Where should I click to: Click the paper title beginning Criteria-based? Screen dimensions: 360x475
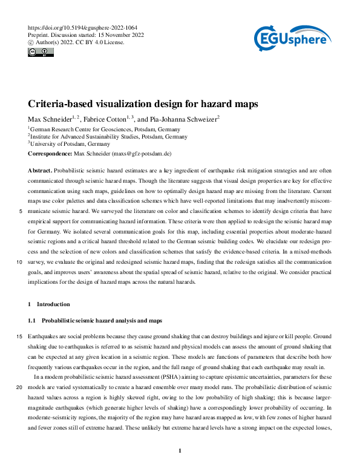[x=143, y=103]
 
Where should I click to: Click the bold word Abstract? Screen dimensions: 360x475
[x=39, y=171]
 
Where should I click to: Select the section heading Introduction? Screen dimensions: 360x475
[x=53, y=304]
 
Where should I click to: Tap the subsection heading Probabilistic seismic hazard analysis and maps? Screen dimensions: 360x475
[x=101, y=319]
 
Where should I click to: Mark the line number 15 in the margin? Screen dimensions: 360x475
[x=19, y=336]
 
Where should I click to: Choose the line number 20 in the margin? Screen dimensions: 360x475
[x=19, y=387]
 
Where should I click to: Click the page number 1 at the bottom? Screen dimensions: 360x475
[x=180, y=450]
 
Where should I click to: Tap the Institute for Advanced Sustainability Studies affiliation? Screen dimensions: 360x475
[x=91, y=137]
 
